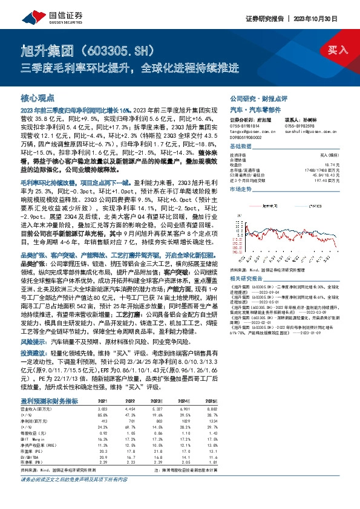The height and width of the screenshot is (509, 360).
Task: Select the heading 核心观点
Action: click(x=38, y=97)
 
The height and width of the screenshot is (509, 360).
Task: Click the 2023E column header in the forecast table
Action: click(x=158, y=401)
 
